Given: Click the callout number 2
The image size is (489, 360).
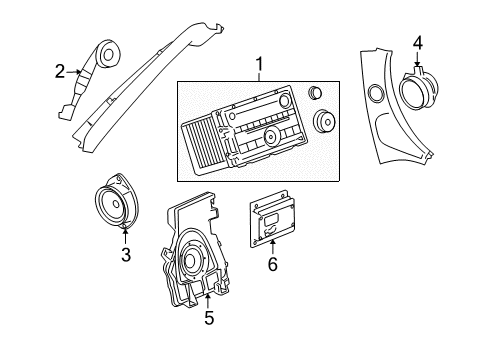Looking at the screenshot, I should pyautogui.click(x=59, y=70).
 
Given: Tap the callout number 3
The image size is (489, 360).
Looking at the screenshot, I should pyautogui.click(x=126, y=254).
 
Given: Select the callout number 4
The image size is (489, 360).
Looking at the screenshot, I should pyautogui.click(x=417, y=41).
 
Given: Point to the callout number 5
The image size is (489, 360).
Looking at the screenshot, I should pyautogui.click(x=209, y=319).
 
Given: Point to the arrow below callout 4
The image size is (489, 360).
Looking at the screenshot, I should pyautogui.click(x=417, y=58).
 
